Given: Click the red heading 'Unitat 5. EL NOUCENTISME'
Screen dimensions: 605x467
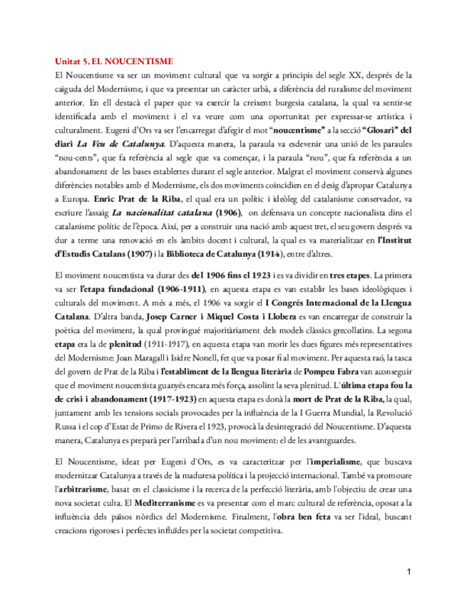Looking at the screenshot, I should (x=113, y=61).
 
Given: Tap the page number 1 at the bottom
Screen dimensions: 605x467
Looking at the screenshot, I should (x=409, y=571).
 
